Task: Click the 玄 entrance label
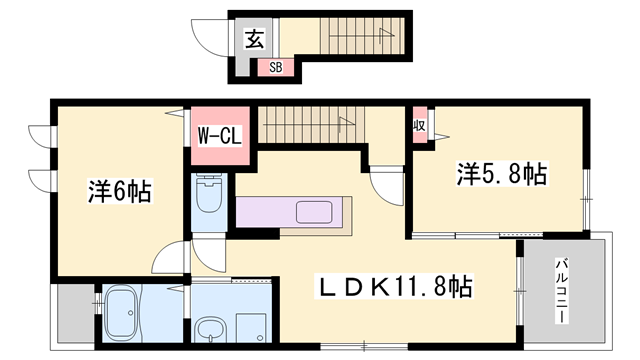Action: point(255,41)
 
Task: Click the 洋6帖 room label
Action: point(118,190)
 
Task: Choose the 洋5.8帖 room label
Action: point(502,174)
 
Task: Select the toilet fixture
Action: point(210,200)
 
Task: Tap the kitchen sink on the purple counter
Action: point(318,213)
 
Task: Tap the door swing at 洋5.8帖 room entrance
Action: point(385,186)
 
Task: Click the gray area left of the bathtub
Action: point(73,311)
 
